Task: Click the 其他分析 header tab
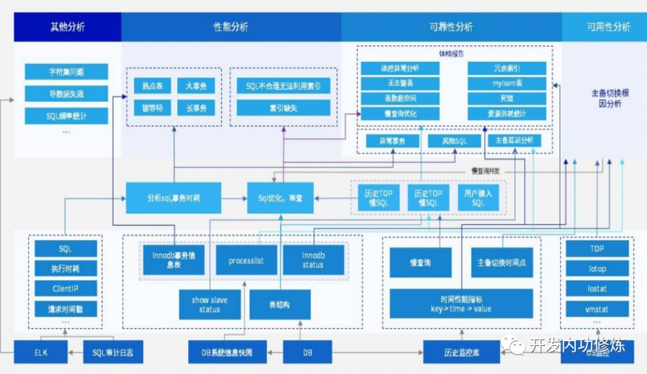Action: (67, 27)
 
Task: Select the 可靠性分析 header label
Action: (451, 27)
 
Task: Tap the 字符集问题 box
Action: (66, 72)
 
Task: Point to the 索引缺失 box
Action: (283, 108)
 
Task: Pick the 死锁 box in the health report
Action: (507, 98)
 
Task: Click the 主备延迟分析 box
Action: (513, 141)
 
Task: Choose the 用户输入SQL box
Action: (478, 198)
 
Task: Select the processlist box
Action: (246, 261)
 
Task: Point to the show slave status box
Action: (210, 305)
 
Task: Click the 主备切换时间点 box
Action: (501, 263)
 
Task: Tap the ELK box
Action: (41, 353)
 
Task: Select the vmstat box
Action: (597, 309)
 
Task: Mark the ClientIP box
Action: (65, 289)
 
